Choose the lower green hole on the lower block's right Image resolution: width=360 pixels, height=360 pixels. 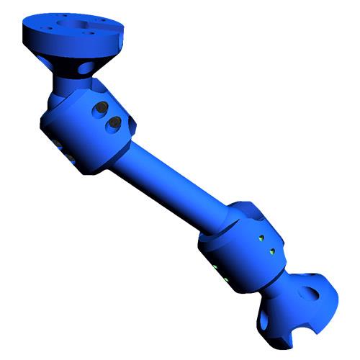[x=272, y=251]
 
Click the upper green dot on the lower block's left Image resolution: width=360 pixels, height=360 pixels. [x=215, y=267]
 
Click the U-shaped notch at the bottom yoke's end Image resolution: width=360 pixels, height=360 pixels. [x=297, y=331]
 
